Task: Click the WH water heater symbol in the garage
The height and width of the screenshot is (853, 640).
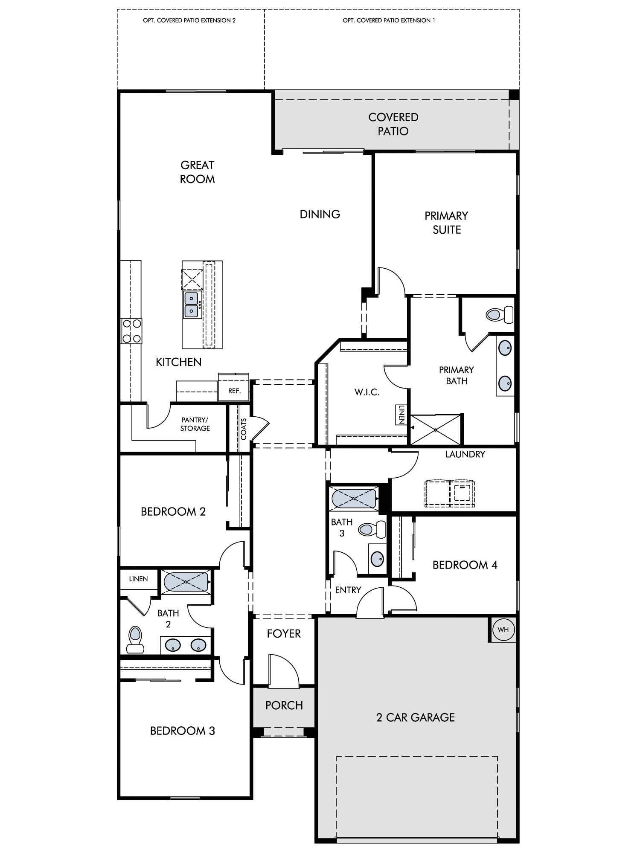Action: point(503,630)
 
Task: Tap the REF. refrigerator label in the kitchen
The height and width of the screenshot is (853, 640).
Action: point(235,391)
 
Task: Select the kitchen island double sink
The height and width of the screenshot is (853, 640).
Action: point(192,305)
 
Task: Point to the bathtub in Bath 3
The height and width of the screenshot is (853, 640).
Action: point(354,498)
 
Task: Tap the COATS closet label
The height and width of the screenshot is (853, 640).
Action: point(244,429)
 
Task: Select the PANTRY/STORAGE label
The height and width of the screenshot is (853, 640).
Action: point(195,424)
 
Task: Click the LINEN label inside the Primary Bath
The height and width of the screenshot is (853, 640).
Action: point(401,414)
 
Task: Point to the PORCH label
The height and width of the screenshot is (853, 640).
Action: point(284,705)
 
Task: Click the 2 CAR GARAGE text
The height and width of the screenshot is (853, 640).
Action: point(415,717)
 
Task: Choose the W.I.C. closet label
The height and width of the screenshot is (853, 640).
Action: point(367,392)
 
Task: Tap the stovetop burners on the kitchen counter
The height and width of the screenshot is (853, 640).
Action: point(131,331)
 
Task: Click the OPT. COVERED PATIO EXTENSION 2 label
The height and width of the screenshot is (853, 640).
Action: point(189,20)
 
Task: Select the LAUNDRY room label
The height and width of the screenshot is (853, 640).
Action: point(465,454)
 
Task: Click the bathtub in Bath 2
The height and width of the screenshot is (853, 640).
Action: point(186,581)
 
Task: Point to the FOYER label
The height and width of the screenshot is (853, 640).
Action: point(284,634)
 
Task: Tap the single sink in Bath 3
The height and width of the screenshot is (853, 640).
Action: point(377,559)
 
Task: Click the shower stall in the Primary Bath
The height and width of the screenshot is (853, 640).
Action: point(435,429)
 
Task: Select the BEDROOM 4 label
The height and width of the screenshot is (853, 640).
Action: point(465,565)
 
